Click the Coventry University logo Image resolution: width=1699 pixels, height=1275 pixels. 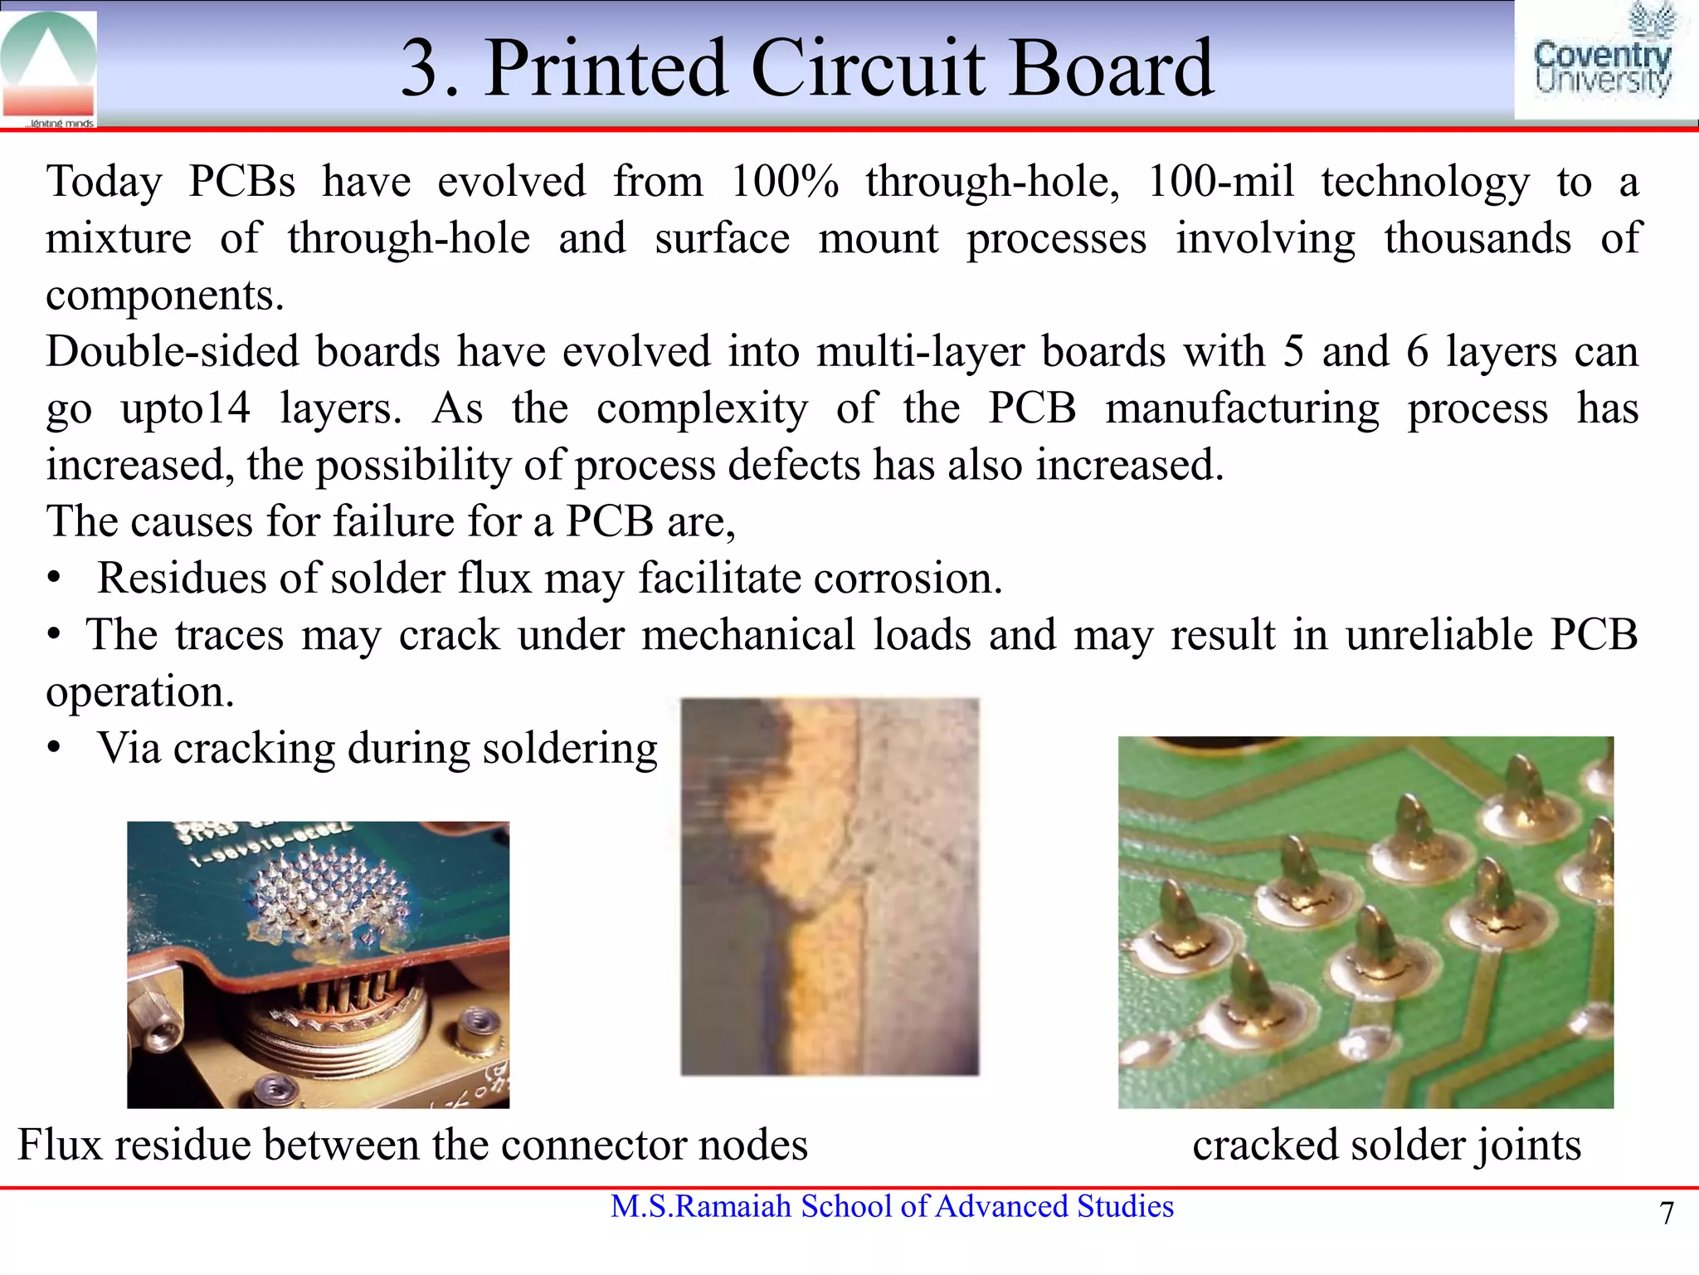click(x=1603, y=61)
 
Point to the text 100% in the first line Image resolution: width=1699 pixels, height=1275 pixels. click(x=784, y=181)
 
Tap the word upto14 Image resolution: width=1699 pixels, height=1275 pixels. click(x=185, y=408)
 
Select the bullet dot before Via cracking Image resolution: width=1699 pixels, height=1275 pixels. click(x=55, y=748)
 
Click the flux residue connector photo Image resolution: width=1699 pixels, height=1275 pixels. click(x=318, y=965)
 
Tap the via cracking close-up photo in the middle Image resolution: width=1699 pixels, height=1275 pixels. click(x=830, y=887)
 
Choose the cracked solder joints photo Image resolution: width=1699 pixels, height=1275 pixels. click(x=1366, y=921)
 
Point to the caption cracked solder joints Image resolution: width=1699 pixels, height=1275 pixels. click(x=1386, y=1145)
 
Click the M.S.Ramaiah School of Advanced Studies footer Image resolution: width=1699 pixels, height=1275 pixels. click(x=892, y=1206)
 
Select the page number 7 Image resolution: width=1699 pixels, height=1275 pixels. click(x=1667, y=1214)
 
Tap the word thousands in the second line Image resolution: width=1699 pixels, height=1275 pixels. click(x=1477, y=238)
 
